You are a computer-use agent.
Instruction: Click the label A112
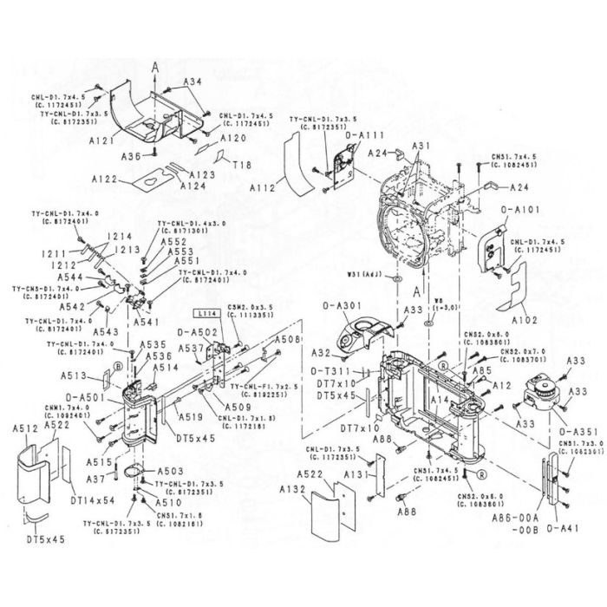tap(262, 186)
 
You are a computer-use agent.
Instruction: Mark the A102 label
tap(525, 319)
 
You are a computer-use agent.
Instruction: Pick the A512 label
tap(23, 428)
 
